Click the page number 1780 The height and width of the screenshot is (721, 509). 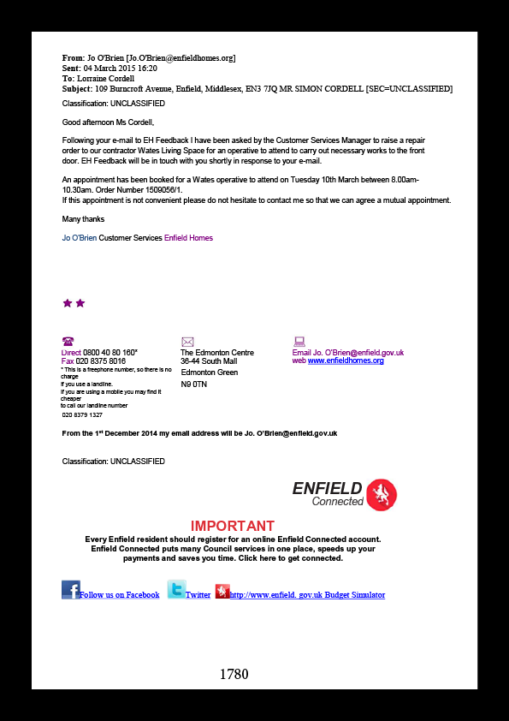tap(234, 674)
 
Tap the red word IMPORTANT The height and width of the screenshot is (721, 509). tap(233, 526)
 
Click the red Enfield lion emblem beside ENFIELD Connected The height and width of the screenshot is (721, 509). tap(382, 495)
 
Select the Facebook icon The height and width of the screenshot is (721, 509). tap(71, 589)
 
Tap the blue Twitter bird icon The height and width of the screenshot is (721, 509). tap(176, 589)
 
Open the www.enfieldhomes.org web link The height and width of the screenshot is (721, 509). tap(346, 361)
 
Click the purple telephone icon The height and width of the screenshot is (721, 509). tap(68, 341)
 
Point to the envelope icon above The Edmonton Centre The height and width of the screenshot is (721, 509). tap(187, 342)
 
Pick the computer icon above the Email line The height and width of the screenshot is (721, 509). tap(299, 341)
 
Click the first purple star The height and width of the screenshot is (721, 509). tap(67, 303)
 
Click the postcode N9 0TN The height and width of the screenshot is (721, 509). tap(194, 384)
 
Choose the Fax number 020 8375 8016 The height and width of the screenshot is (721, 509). tap(101, 361)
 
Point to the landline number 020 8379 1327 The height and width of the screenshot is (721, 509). tap(82, 414)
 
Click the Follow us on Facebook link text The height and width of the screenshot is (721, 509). tap(120, 595)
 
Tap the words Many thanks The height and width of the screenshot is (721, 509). tap(83, 219)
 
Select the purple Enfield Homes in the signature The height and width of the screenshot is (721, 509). tap(188, 238)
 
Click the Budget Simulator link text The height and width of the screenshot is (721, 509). tap(355, 595)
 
